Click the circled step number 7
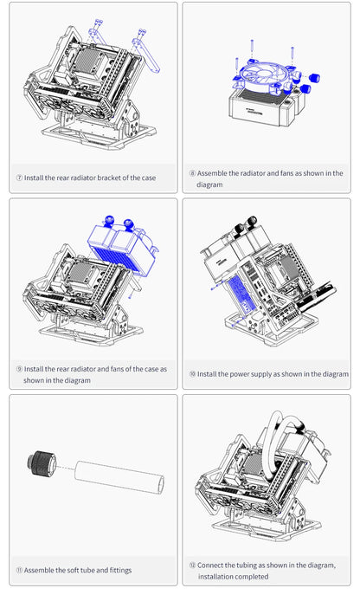point(19,178)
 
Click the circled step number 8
point(191,173)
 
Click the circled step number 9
point(19,369)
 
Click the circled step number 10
point(191,374)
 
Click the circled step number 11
point(19,570)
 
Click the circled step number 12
point(191,565)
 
